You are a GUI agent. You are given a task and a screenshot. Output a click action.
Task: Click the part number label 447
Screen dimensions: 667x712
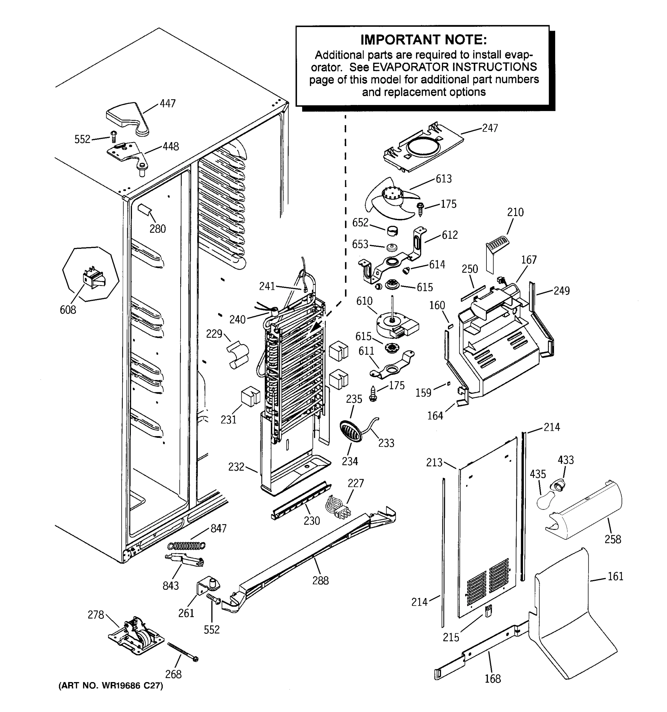pyautogui.click(x=167, y=104)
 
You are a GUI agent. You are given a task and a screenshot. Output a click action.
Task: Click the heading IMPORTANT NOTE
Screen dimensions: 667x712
pyautogui.click(x=423, y=40)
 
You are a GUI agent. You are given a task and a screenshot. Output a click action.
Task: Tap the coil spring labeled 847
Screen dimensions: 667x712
pyautogui.click(x=187, y=546)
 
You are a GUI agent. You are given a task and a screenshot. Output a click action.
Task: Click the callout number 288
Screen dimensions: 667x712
pyautogui.click(x=320, y=581)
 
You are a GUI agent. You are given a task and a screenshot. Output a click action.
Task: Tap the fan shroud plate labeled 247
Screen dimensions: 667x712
pyautogui.click(x=422, y=147)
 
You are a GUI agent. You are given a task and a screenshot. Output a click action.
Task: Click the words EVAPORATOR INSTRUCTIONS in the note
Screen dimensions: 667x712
pyautogui.click(x=454, y=67)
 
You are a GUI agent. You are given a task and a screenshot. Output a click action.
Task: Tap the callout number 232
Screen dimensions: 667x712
pyautogui.click(x=236, y=467)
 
